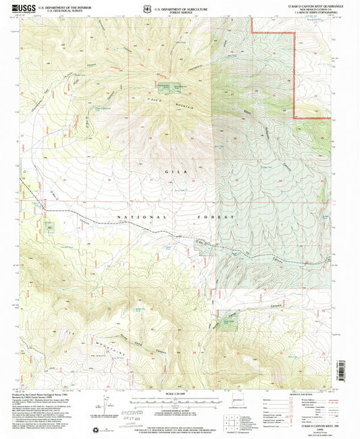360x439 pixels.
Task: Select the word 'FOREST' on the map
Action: (220, 217)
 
